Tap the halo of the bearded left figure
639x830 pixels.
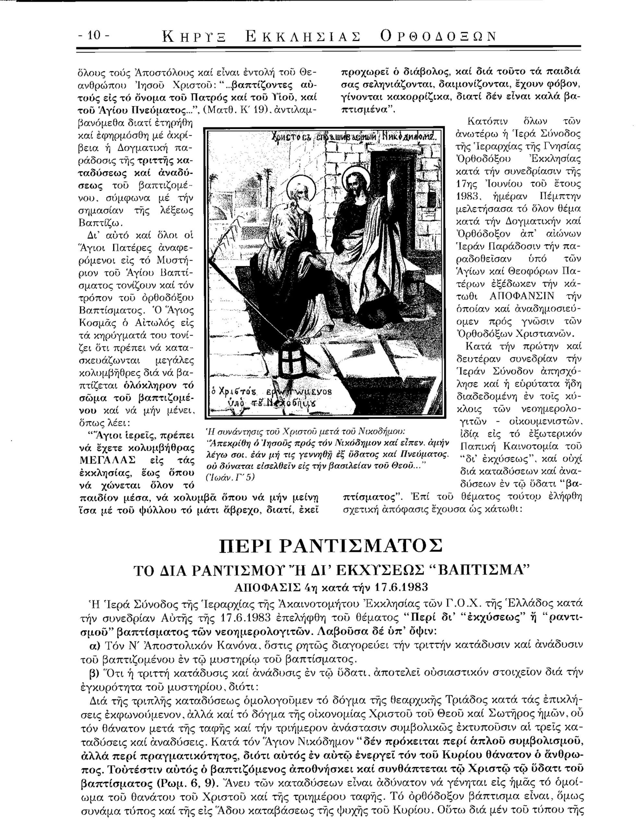point(301,187)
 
